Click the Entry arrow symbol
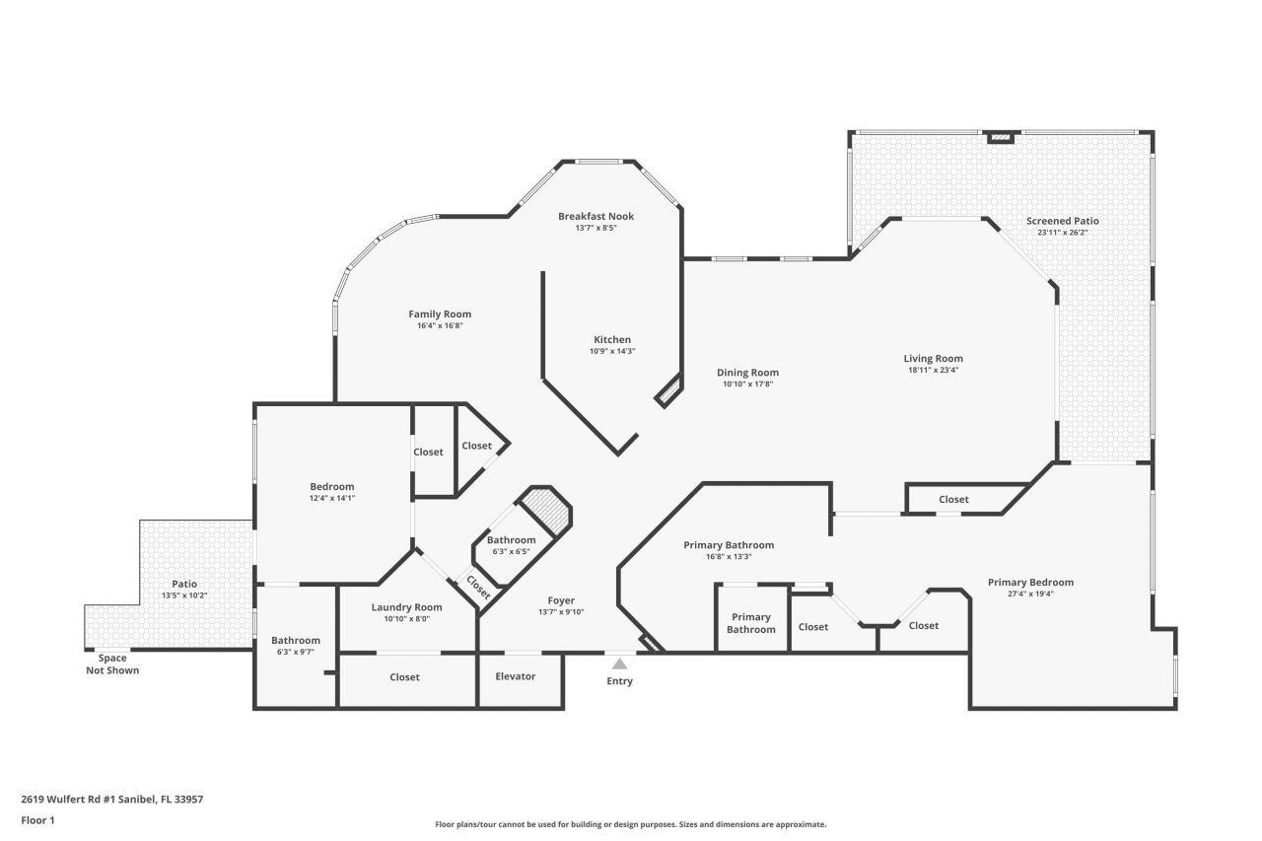[619, 664]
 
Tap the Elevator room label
[516, 676]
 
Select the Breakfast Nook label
[596, 216]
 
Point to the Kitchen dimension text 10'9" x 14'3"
[611, 351]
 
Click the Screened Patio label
[1062, 221]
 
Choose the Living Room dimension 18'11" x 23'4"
[933, 371]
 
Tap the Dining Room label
[747, 373]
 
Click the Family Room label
[440, 315]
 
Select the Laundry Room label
[406, 607]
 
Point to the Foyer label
[561, 600]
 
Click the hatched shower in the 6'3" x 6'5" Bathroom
[545, 511]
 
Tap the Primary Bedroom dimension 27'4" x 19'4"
[1030, 595]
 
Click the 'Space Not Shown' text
[112, 665]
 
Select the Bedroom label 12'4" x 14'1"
[331, 487]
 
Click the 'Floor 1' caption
[37, 819]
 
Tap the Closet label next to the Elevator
[404, 677]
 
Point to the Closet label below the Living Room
[953, 500]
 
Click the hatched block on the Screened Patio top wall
[1001, 137]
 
